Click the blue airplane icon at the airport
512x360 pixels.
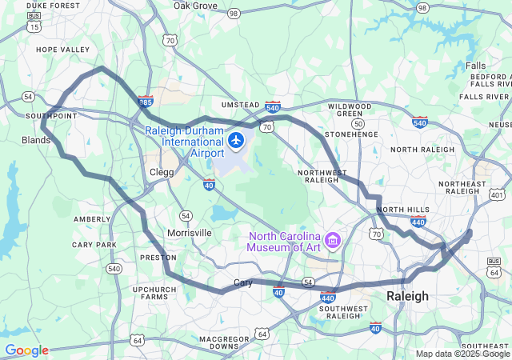tap(235, 142)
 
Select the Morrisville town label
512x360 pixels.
tap(190, 233)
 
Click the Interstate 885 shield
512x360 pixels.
tap(145, 102)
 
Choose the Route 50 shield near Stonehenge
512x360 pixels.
tap(358, 124)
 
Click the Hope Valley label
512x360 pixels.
tap(63, 50)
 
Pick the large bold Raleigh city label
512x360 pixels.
tap(407, 296)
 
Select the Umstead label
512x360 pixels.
tap(240, 105)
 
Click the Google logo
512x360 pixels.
tap(26, 350)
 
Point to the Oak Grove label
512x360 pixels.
tap(195, 6)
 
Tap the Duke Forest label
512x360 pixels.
tap(53, 5)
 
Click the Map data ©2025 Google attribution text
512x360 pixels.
tap(462, 354)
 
